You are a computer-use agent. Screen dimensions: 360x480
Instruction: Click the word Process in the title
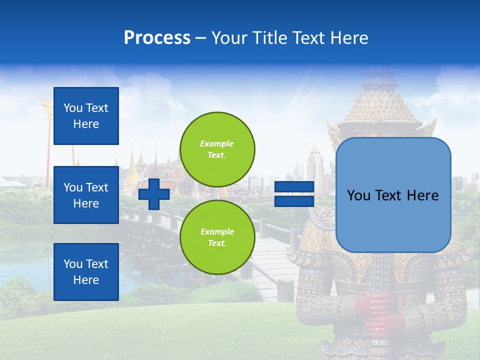tap(157, 38)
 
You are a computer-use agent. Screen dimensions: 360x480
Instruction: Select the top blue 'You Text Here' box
tap(86, 116)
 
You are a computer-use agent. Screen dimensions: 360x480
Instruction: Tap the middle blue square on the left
tap(86, 195)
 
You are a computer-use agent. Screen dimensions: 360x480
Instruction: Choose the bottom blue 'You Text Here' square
tap(86, 271)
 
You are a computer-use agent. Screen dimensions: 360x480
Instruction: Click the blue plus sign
tap(154, 194)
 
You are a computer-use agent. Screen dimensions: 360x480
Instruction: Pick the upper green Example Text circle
tap(217, 149)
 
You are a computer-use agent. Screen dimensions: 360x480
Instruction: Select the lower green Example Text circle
tap(217, 237)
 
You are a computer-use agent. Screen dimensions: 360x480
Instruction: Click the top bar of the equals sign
tap(294, 187)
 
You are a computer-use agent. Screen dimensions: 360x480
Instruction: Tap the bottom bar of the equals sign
tap(294, 201)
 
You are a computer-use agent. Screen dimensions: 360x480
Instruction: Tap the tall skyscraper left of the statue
tap(315, 167)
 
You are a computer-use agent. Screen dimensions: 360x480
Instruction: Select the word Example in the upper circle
tap(217, 143)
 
